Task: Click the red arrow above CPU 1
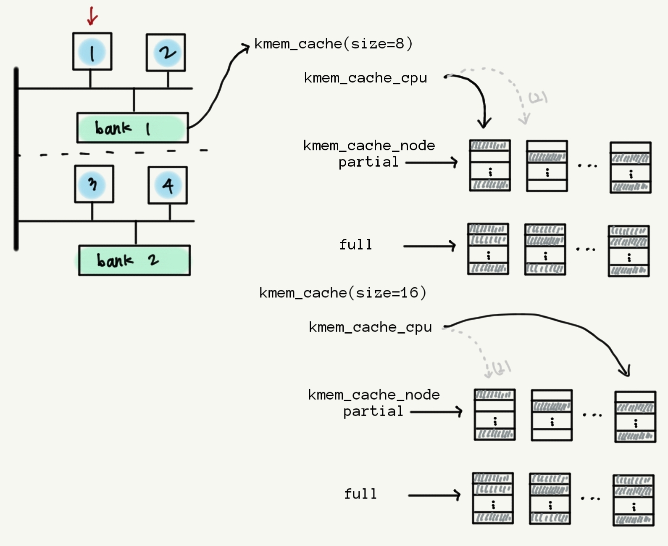92,16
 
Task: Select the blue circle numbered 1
92,52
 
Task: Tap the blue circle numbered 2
167,53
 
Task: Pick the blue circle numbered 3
93,184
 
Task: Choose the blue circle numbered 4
168,185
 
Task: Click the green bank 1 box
132,128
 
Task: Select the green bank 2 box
134,260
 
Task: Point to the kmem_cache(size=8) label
334,44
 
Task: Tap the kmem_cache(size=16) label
342,293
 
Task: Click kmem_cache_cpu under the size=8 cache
366,78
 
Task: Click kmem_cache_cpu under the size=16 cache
370,327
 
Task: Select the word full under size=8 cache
356,245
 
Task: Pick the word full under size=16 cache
360,494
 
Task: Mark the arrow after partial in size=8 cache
432,162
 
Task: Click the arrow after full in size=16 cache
434,495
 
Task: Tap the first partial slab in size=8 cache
490,166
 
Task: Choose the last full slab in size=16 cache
634,500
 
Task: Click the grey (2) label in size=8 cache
538,98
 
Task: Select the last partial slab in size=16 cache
635,417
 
